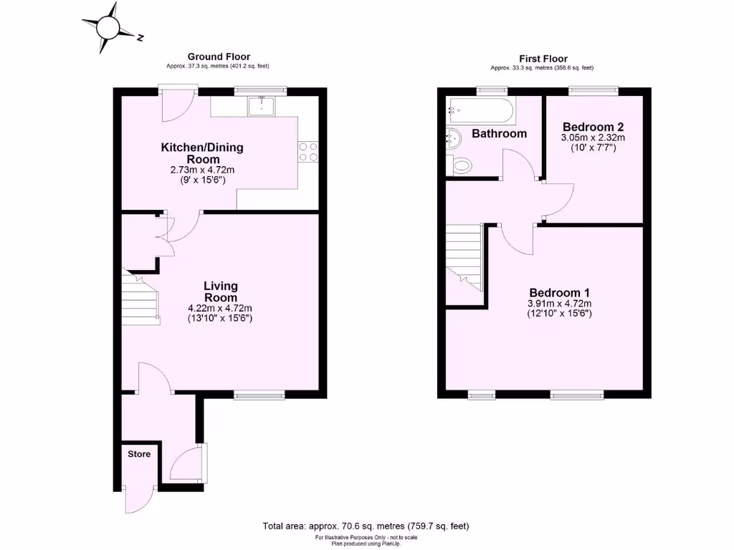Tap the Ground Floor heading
tap(219, 57)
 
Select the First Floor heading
tap(543, 59)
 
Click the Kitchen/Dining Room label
tap(202, 153)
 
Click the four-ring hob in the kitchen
tap(308, 151)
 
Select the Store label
tap(139, 454)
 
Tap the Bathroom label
tap(499, 134)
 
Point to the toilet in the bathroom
tap(461, 166)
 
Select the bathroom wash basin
tap(453, 136)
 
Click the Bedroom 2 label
tap(592, 124)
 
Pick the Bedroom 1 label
tap(559, 293)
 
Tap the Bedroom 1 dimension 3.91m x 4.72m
tap(559, 304)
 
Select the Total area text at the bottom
tap(366, 526)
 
